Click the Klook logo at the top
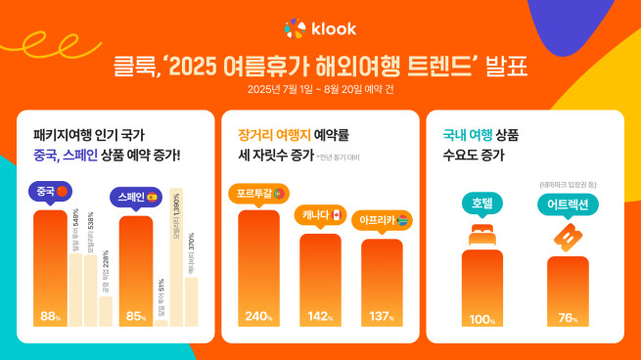[320, 28]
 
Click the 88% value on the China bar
[50, 316]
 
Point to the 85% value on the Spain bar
[136, 316]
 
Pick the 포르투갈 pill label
[257, 192]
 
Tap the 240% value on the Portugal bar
[257, 316]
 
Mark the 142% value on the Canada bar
[320, 316]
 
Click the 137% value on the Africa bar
[382, 316]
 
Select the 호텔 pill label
[481, 203]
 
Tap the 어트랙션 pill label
[568, 204]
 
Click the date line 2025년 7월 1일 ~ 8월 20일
[320, 91]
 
